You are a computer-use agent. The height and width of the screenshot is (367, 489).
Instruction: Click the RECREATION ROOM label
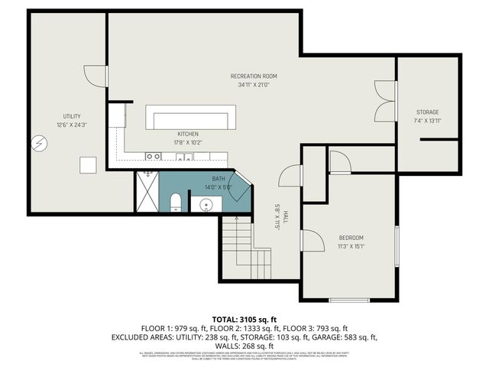pyautogui.click(x=254, y=76)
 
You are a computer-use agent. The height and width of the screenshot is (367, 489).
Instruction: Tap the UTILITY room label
pyautogui.click(x=67, y=116)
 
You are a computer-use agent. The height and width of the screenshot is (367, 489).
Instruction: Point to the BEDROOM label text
pyautogui.click(x=351, y=238)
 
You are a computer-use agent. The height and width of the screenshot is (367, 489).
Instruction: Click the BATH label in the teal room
pyautogui.click(x=219, y=178)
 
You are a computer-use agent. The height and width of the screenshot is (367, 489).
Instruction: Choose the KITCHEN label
pyautogui.click(x=188, y=134)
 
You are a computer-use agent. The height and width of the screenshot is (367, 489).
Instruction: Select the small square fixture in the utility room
pyautogui.click(x=89, y=164)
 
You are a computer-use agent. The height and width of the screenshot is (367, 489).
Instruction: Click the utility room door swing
pyautogui.click(x=93, y=75)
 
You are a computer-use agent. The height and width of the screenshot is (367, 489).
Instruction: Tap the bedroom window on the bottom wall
pyautogui.click(x=349, y=300)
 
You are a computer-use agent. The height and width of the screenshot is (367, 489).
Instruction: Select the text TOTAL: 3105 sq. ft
pyautogui.click(x=244, y=318)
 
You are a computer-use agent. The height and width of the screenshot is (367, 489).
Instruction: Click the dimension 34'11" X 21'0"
pyautogui.click(x=254, y=85)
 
